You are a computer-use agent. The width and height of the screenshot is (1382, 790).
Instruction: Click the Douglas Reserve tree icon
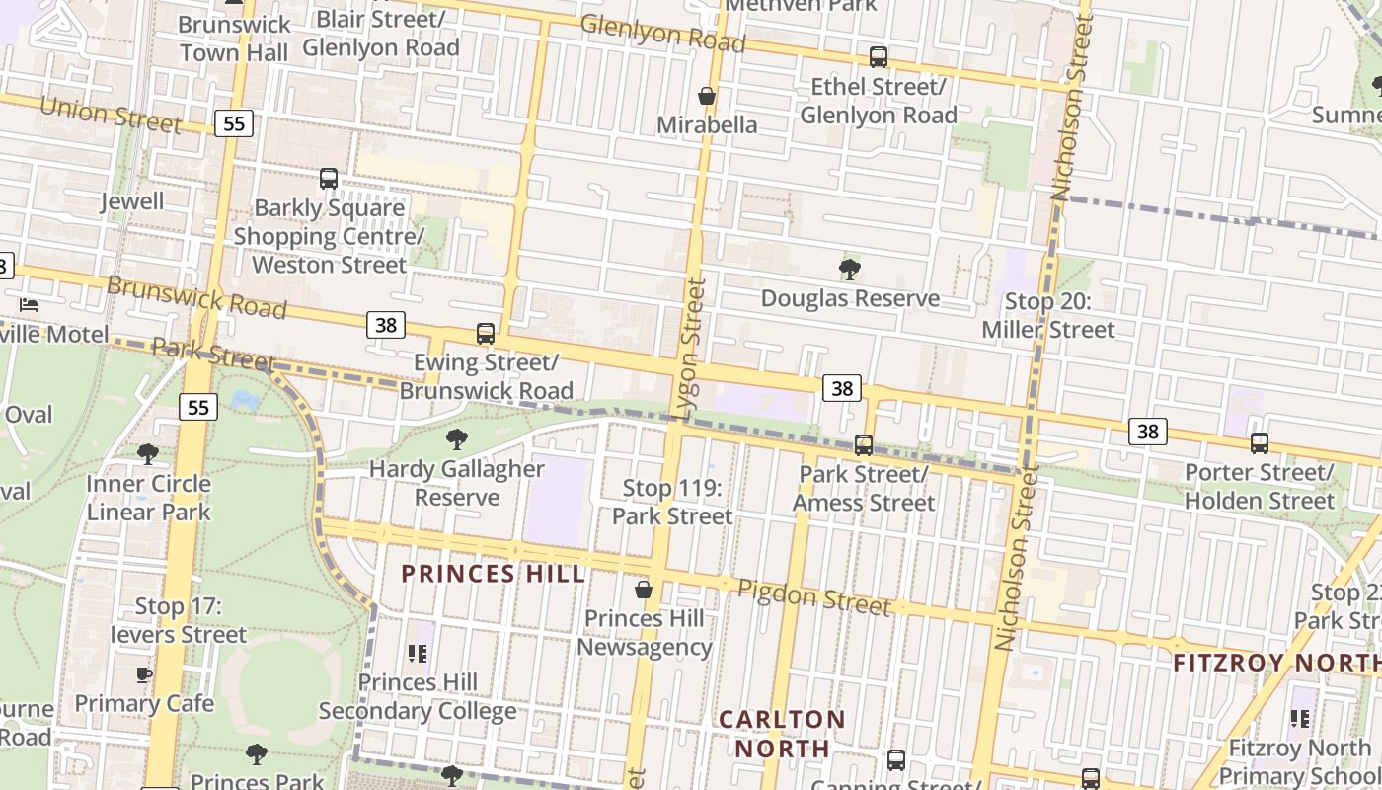(x=849, y=269)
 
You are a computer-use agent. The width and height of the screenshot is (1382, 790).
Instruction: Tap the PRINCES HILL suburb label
(x=493, y=574)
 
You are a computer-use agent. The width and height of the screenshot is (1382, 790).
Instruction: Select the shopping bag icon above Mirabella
(x=707, y=96)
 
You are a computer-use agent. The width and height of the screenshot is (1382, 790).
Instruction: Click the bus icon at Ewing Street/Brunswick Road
(x=485, y=334)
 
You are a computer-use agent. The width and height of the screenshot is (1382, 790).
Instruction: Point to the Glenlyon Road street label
(x=662, y=34)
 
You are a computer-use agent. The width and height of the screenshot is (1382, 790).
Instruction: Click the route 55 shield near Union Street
(x=234, y=123)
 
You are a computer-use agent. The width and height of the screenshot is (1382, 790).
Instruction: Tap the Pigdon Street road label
(x=814, y=596)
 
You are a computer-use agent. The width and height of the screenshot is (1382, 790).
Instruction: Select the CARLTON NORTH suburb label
(x=782, y=733)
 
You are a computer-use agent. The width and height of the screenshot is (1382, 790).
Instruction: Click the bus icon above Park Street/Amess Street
(x=864, y=445)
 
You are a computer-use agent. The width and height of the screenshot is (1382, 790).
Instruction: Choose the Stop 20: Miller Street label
(x=1047, y=315)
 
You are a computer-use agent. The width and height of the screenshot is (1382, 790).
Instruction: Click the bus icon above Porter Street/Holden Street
(x=1259, y=443)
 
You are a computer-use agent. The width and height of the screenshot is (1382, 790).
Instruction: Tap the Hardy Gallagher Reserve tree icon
(x=456, y=439)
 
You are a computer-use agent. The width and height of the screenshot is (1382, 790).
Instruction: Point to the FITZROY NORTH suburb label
(x=1276, y=663)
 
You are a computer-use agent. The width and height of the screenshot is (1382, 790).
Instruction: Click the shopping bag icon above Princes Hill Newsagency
(x=644, y=590)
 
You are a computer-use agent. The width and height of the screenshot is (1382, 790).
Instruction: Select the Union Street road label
(x=111, y=114)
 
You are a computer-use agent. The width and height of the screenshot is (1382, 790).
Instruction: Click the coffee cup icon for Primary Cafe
(x=144, y=675)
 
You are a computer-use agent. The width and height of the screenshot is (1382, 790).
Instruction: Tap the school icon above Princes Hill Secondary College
(x=418, y=653)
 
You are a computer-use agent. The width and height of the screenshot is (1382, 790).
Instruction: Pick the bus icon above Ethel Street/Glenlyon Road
(x=878, y=57)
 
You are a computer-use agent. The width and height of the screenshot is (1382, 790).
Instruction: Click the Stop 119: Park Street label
(x=672, y=502)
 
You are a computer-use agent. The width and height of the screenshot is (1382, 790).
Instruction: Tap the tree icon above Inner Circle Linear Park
(x=148, y=454)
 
